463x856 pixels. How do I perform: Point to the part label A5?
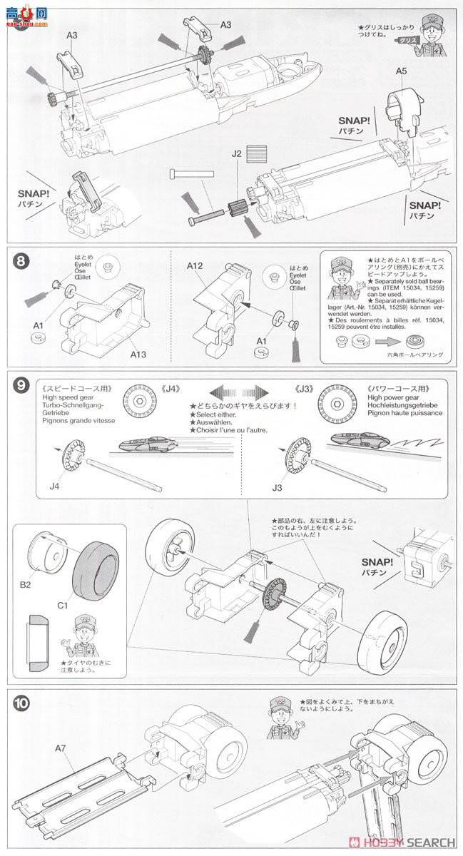[x=402, y=71]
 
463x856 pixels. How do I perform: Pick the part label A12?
[x=198, y=265]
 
